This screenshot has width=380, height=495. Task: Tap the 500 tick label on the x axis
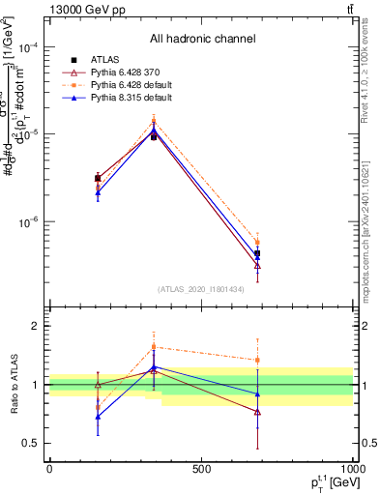pyautogui.click(x=201, y=468)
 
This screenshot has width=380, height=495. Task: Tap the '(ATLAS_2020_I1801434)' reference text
pyautogui.click(x=201, y=289)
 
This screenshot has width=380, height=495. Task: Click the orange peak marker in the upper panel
pyautogui.click(x=154, y=122)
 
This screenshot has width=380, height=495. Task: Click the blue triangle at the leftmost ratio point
pyautogui.click(x=98, y=417)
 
